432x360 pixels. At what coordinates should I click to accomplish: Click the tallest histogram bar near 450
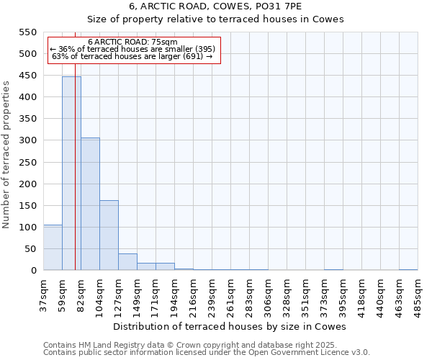(71, 173)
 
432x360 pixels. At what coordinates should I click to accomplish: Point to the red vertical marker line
(75, 180)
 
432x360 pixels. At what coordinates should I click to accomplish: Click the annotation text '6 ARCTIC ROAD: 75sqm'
(133, 42)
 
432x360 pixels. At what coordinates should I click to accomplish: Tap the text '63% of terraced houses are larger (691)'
(132, 56)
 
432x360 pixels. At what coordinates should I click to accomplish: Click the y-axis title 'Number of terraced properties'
(7, 155)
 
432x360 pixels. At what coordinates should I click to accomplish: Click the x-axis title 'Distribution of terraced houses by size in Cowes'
(230, 326)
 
